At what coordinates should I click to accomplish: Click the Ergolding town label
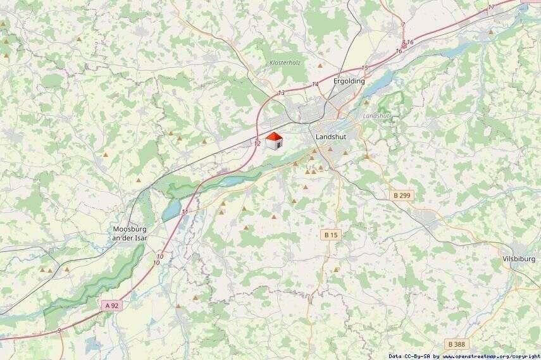349,81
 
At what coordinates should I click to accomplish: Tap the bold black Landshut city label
331,136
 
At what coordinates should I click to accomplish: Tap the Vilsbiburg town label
519,259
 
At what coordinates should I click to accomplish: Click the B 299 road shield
401,196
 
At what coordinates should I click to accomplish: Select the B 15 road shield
331,235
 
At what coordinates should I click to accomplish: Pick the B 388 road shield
457,344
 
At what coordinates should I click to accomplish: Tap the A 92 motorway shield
111,306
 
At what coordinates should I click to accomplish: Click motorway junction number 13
282,93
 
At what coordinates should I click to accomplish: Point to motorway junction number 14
315,84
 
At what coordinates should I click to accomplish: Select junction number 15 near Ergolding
364,68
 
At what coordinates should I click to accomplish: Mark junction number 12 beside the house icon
257,144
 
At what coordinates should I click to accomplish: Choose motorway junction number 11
185,212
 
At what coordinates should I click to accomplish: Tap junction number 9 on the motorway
59,330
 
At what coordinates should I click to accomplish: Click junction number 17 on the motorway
492,7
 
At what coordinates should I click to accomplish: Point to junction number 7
403,25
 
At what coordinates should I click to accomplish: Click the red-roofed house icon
273,141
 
